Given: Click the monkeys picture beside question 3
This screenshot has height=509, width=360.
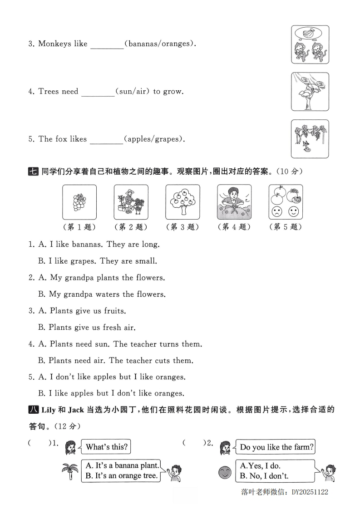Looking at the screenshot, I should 310,44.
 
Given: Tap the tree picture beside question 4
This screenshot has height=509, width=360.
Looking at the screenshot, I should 310,91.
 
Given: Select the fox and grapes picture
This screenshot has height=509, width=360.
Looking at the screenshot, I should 310,139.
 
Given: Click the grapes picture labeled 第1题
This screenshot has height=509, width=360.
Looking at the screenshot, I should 79,202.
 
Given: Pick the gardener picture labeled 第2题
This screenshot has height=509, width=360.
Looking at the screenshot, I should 131,202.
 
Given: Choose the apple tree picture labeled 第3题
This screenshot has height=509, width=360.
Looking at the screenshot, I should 182,202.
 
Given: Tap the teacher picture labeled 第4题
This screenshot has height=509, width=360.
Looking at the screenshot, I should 234,202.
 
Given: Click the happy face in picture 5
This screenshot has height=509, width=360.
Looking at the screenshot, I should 293,211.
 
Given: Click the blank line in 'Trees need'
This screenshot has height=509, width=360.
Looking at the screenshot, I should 98,93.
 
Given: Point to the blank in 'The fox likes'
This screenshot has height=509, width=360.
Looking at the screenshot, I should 106,140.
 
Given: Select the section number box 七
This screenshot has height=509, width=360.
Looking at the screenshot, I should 33,171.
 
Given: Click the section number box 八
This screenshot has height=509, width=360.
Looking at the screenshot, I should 33,410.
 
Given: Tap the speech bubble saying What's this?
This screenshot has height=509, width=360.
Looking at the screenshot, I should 106,447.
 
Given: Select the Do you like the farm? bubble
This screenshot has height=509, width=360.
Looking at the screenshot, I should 276,447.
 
